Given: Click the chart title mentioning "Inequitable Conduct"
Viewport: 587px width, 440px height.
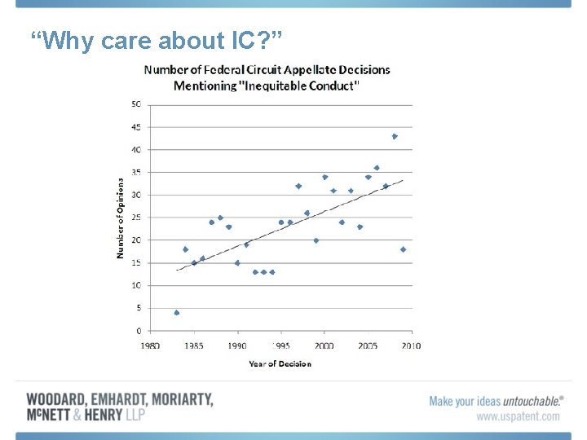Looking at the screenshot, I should click(x=267, y=77).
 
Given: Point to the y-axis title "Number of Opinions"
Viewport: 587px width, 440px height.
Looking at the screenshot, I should click(x=121, y=218).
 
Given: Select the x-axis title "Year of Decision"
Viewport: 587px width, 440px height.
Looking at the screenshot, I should click(x=280, y=363).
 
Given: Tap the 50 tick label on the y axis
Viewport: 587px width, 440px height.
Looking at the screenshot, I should click(x=135, y=104).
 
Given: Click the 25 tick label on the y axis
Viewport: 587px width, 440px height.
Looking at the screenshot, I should click(x=135, y=218).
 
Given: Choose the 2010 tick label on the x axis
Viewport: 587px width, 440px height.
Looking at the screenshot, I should click(x=411, y=345).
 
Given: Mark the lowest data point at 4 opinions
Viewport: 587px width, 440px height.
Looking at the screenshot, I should click(x=176, y=313).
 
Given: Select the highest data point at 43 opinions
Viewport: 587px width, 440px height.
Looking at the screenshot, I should click(x=395, y=136).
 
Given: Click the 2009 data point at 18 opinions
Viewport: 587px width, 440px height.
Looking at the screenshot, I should click(x=403, y=249).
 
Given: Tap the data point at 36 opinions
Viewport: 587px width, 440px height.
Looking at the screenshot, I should click(x=377, y=168).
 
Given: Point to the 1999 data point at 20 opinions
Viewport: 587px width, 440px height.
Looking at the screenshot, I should click(x=316, y=240).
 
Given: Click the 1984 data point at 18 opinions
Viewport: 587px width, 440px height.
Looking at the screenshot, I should click(x=185, y=249).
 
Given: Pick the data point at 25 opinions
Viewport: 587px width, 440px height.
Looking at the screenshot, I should click(x=220, y=218).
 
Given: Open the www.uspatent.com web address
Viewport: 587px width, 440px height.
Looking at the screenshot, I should click(x=519, y=416).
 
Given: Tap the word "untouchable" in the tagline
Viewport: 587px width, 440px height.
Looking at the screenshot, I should click(x=532, y=401).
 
